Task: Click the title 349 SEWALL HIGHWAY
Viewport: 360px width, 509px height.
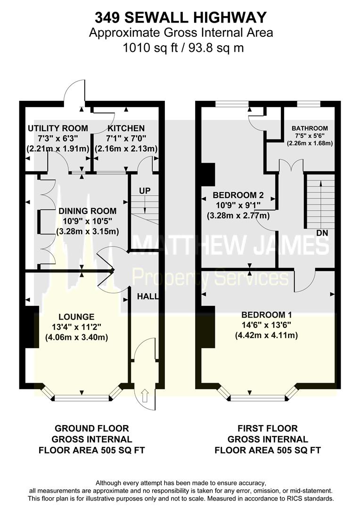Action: pyautogui.click(x=180, y=17)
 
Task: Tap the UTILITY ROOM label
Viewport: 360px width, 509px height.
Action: pyautogui.click(x=57, y=128)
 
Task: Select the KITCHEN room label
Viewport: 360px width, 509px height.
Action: pyautogui.click(x=126, y=128)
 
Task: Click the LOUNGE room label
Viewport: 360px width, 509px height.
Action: pyautogui.click(x=76, y=317)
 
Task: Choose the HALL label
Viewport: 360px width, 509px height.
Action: pyautogui.click(x=147, y=296)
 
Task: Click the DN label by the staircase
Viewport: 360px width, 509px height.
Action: pyautogui.click(x=322, y=233)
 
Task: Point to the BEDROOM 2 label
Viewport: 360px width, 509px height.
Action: pyautogui.click(x=238, y=195)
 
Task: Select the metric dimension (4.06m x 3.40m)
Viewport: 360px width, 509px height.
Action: pyautogui.click(x=76, y=337)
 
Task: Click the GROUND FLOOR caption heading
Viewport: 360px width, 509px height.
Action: pyautogui.click(x=91, y=428)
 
